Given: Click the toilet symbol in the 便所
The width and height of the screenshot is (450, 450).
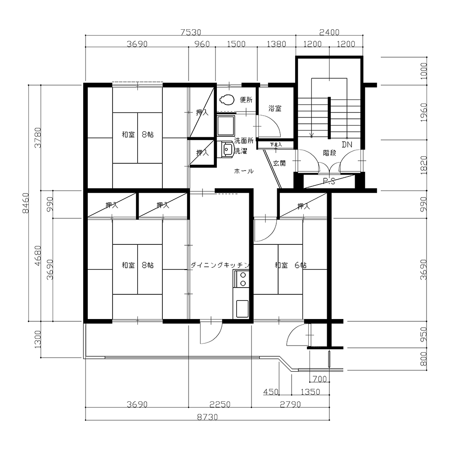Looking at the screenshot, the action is pos(226,99).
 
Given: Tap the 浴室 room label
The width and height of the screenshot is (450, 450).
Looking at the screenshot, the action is pos(275,108).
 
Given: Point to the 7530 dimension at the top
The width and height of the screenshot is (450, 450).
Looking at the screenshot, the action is pos(191,32).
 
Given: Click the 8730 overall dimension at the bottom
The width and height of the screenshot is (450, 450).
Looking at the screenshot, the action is pos(207,417).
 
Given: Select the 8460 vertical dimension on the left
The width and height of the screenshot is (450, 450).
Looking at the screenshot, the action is pos(26,203).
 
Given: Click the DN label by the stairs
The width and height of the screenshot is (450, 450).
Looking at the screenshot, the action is pos(347,144).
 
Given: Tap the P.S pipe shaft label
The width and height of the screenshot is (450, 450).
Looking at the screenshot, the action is pos(329,181).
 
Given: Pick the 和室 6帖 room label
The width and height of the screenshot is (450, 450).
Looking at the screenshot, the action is pos(290,265).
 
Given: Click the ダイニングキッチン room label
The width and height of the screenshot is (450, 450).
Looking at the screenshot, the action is pos(220,265).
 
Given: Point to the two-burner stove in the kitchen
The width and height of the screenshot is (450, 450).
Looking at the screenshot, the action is pos(243,279).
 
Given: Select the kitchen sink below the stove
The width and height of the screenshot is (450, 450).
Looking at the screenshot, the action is pos(242,309).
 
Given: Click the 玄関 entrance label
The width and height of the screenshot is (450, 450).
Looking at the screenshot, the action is pos(279,163).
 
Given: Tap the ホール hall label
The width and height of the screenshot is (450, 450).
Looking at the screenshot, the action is pos(243,171).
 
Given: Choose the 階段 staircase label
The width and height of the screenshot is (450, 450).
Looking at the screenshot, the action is pos(329,153).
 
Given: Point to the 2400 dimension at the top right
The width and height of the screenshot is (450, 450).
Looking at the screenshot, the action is pos(329,32).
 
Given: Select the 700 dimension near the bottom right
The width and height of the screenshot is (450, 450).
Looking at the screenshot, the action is pos(319,379).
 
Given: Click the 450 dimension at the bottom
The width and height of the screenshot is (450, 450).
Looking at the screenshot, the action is pos(270,392).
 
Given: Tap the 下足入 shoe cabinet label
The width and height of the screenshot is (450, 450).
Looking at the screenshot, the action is pos(276,144).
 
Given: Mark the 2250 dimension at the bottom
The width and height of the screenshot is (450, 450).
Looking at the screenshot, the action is pos(220,405).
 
